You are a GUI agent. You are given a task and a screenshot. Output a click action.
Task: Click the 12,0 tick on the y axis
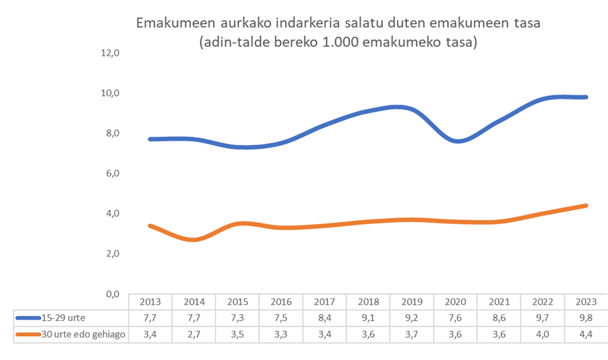[x=109, y=52]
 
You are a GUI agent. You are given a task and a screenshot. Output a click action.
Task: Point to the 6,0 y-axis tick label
[x=109, y=173]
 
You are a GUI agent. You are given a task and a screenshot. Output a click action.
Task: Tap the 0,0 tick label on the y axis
[x=109, y=294]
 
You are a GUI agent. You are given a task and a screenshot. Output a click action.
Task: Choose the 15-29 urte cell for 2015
[x=238, y=317]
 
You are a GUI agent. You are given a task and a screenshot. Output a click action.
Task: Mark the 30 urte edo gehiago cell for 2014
[x=194, y=334]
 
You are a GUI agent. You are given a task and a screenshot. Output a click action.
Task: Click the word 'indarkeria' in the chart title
[x=308, y=23]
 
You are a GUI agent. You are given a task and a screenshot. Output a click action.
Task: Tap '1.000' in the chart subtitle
[x=367, y=43]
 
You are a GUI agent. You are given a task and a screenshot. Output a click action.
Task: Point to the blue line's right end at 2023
[x=586, y=97]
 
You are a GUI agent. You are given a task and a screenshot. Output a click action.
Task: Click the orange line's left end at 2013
[x=150, y=225]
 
